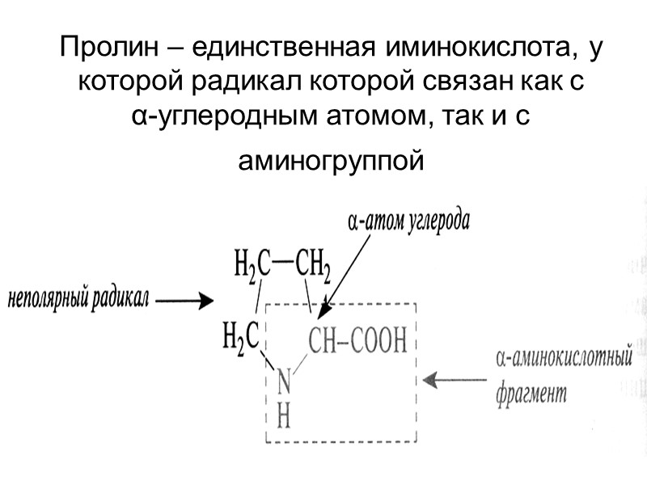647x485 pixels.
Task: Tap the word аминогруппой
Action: click(x=331, y=162)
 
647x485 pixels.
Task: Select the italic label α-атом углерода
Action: click(x=408, y=221)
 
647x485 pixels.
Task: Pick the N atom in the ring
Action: click(x=283, y=380)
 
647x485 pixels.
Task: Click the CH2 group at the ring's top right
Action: click(x=313, y=263)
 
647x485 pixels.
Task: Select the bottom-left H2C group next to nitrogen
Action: click(x=240, y=336)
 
